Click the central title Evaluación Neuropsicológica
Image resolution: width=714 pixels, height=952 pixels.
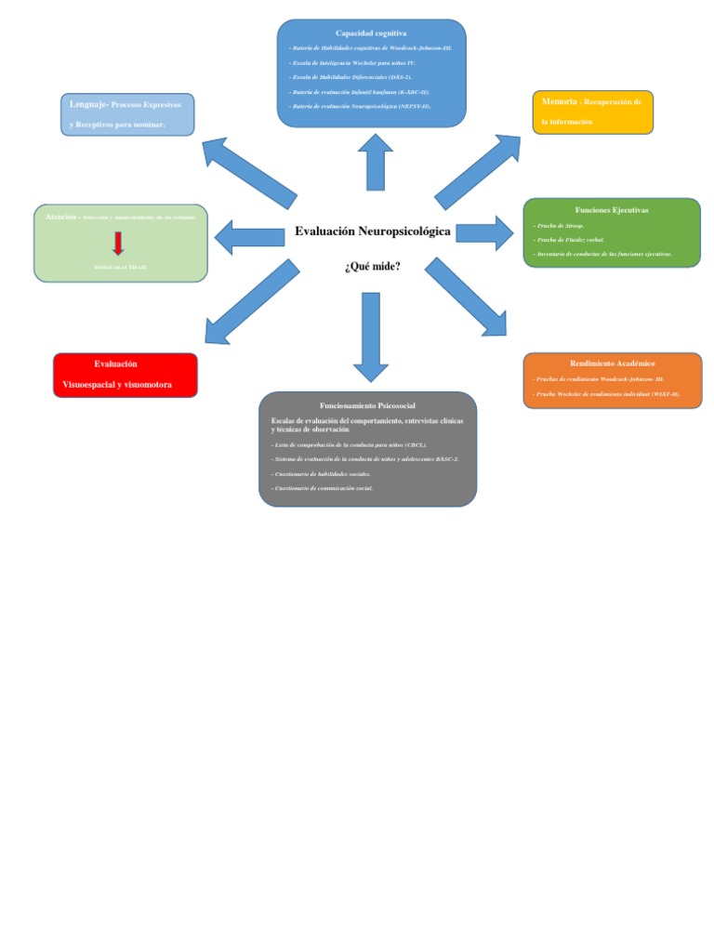(372, 231)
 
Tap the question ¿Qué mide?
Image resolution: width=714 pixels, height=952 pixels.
(372, 267)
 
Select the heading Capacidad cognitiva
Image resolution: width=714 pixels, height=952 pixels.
(371, 33)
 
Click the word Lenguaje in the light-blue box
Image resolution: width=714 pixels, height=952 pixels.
(88, 104)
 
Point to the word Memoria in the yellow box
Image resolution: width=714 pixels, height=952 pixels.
(559, 101)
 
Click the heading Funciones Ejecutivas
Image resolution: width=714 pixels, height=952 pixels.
(612, 210)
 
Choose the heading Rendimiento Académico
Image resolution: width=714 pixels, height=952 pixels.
(612, 364)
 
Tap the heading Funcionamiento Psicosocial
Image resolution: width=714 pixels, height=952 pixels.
(367, 406)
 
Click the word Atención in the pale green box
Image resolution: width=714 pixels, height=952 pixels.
(60, 217)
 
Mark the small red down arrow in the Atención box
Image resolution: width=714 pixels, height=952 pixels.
(118, 244)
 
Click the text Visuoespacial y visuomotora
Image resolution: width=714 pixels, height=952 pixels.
(117, 384)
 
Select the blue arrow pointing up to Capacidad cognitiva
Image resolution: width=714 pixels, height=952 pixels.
(376, 162)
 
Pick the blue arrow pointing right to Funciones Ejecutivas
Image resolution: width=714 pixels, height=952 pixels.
(484, 232)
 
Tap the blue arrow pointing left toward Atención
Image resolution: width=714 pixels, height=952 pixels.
(249, 236)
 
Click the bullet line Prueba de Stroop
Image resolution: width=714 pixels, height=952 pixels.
(557, 226)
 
